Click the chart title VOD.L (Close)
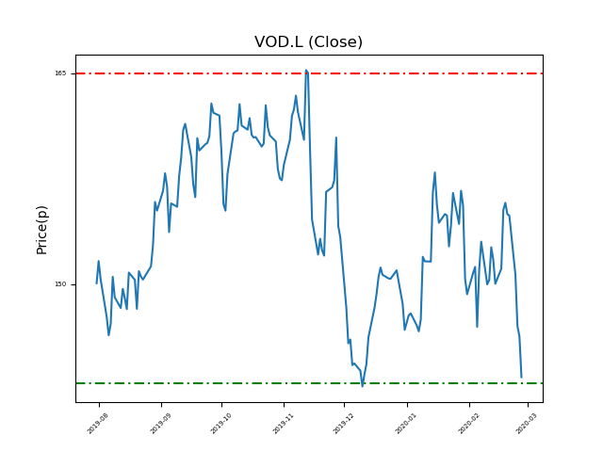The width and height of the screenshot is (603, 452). pos(308,42)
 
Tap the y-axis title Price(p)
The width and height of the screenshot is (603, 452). pos(41,229)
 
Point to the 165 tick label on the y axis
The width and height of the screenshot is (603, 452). pos(60,73)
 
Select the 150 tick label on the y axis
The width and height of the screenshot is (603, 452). pos(60,284)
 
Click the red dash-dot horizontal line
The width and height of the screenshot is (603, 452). pos(188,73)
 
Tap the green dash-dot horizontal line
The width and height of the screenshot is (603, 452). pos(188,383)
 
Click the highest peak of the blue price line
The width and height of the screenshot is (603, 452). pos(305,69)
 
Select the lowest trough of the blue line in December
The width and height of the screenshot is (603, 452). pos(362,386)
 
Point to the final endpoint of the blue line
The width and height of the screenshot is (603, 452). pos(521,378)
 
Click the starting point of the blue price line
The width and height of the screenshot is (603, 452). pos(96,283)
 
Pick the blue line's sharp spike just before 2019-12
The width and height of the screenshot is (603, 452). pos(336,137)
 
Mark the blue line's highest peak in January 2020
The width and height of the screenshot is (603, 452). pos(435,172)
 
